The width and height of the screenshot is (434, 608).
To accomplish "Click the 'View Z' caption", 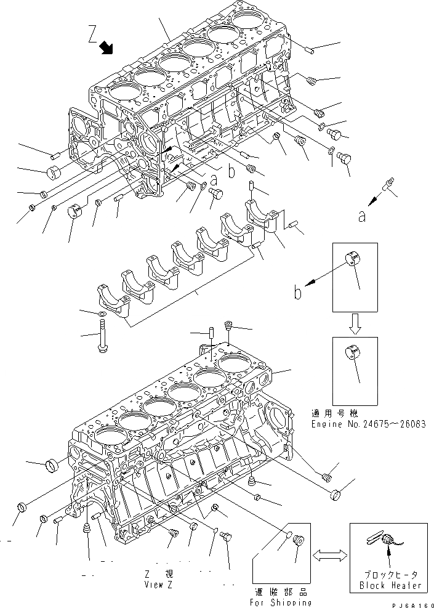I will coord(158,585).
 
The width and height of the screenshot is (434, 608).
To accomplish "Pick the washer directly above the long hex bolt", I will coord(100,315).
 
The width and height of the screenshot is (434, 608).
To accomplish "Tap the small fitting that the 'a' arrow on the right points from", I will coord(388,184).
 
